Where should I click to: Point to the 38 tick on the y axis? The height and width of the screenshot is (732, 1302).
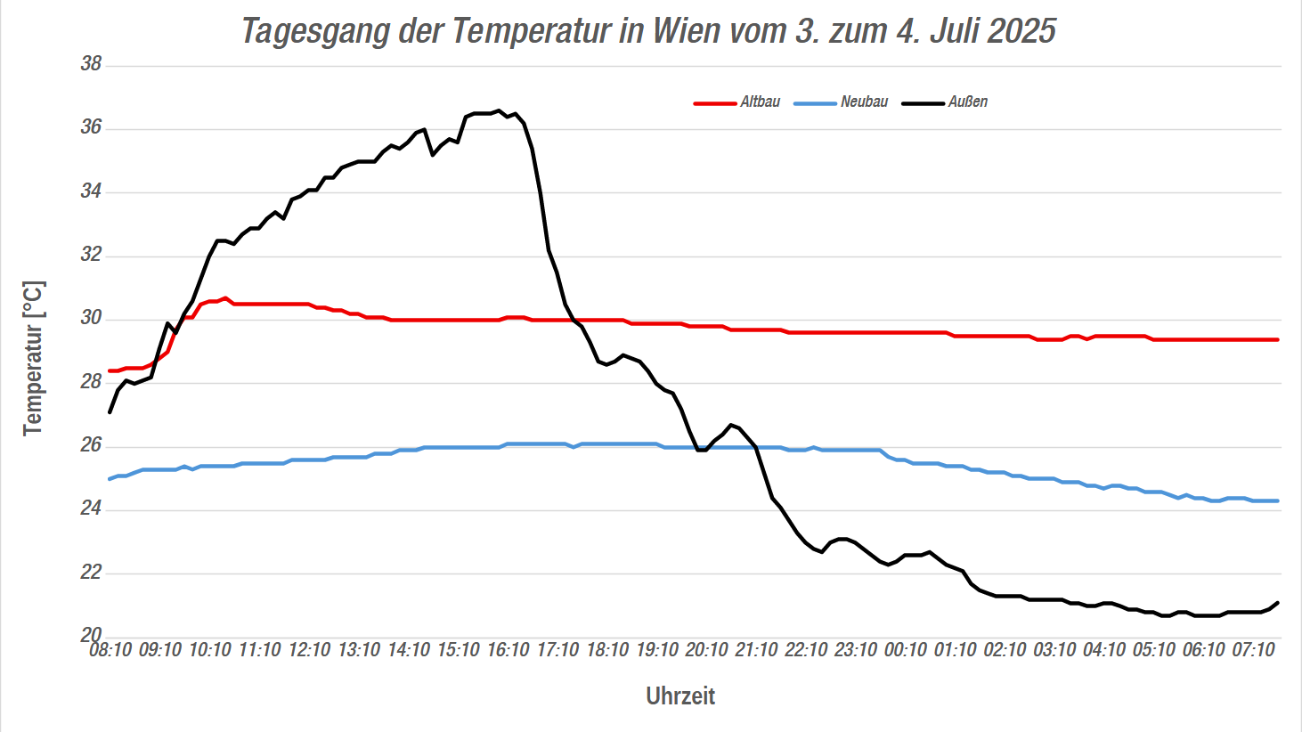tap(91, 64)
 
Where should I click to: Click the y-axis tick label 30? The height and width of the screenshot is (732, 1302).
tap(91, 318)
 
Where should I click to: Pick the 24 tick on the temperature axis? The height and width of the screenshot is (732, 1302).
tap(91, 508)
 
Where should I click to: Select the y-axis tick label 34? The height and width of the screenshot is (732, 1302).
tap(91, 191)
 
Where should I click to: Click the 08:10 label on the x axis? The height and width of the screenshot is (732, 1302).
tap(110, 650)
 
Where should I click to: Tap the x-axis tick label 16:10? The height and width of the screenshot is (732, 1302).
tap(508, 650)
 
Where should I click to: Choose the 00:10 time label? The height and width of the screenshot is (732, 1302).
tap(905, 650)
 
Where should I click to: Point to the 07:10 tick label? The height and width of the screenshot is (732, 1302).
tap(1253, 650)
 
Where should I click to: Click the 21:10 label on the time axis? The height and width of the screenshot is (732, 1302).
tap(756, 650)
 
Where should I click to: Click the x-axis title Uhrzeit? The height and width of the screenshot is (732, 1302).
tap(680, 696)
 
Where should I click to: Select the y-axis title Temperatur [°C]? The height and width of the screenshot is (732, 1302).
tap(33, 358)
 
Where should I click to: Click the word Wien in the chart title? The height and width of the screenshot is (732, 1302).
tap(686, 31)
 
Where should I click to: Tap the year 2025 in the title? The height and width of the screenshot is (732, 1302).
tap(1021, 31)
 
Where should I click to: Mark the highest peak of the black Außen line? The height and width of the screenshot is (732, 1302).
tap(499, 110)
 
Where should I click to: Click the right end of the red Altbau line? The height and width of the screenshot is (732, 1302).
tap(1278, 340)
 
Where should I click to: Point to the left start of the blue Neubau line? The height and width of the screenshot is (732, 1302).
tap(110, 479)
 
